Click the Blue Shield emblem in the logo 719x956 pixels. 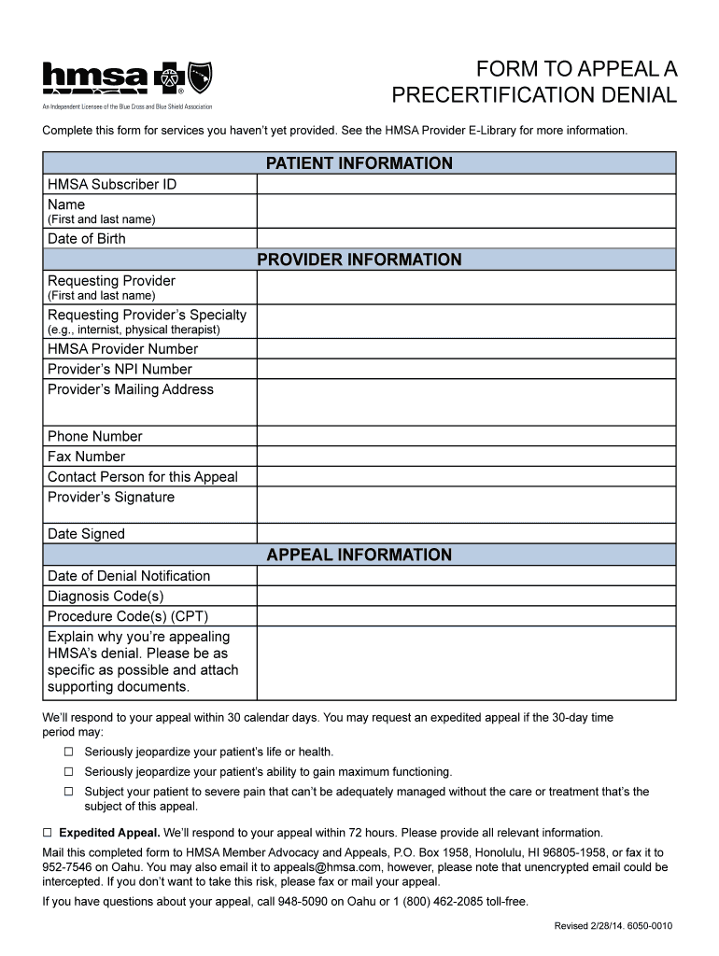coord(200,76)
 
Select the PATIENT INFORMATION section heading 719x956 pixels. coord(359,163)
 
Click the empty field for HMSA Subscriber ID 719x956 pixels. coord(465,184)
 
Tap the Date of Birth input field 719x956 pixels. coord(465,238)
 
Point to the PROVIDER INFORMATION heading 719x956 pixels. coord(359,260)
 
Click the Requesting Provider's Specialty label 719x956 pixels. coord(147,315)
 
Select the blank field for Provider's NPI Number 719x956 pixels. coord(465,369)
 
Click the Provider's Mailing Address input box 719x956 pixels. coord(465,401)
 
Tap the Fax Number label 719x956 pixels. coord(86,457)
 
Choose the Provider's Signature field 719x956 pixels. coord(465,504)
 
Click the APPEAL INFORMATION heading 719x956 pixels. coord(359,555)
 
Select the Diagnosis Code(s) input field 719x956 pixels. coord(465,596)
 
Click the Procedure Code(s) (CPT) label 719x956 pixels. coord(128,616)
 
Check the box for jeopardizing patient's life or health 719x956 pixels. coord(68,752)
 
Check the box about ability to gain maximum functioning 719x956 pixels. coord(68,772)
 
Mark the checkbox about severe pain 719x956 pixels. coord(68,792)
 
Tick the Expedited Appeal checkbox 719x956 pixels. coord(48,832)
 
